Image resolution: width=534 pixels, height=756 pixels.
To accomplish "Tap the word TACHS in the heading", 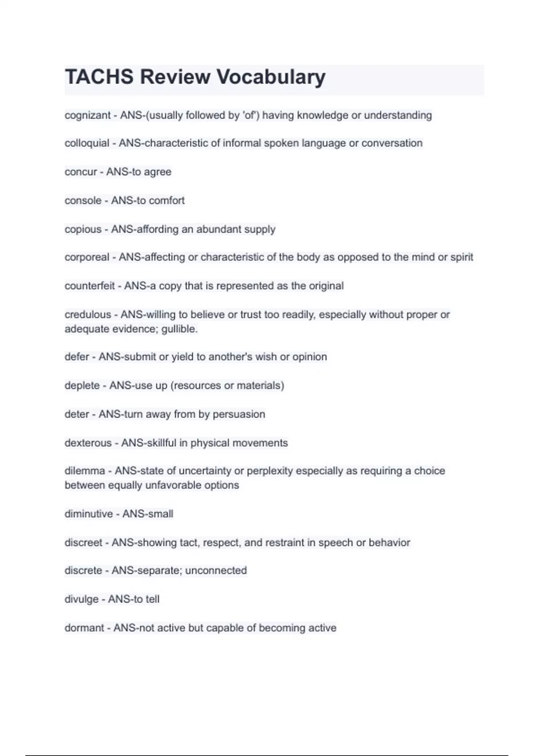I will [x=99, y=77].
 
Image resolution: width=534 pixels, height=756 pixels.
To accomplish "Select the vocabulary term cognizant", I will [x=87, y=115].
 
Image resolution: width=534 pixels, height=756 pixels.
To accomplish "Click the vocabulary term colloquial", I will [x=87, y=143].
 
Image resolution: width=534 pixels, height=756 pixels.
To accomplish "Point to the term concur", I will [x=81, y=172].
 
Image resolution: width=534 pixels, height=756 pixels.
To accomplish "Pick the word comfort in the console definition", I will [x=166, y=201].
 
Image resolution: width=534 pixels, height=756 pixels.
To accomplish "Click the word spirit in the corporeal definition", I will [x=461, y=257].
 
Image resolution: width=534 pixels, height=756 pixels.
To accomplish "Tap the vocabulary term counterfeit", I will [x=89, y=286].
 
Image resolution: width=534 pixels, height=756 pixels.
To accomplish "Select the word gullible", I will [x=179, y=329].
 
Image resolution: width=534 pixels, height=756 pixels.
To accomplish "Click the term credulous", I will [x=88, y=315].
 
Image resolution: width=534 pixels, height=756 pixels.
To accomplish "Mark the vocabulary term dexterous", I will [x=88, y=443].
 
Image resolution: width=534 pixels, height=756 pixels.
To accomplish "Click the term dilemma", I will [x=85, y=471].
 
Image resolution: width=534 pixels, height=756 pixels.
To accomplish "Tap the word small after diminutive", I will [x=160, y=514].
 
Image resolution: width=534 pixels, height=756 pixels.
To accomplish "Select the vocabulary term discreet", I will [x=83, y=543].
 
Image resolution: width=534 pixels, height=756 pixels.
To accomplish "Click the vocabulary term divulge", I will [x=81, y=599].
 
